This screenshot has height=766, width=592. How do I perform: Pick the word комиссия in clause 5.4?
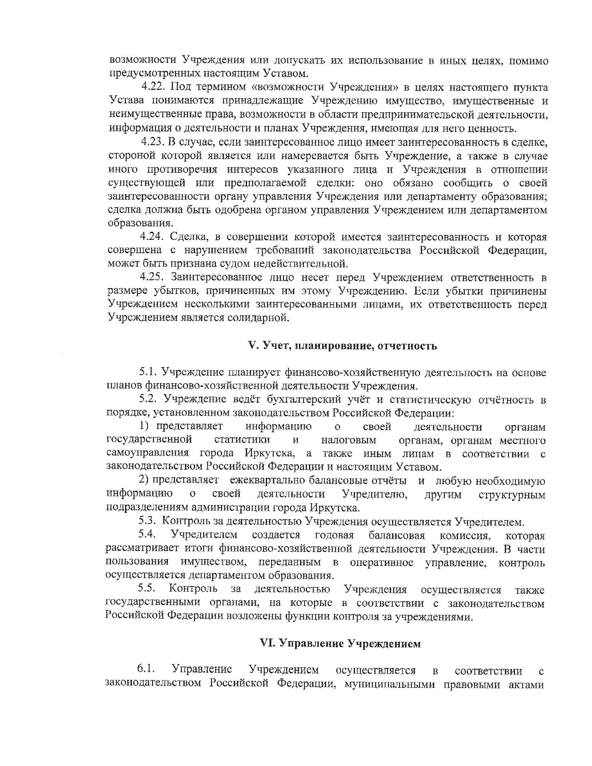pos(464,536)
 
